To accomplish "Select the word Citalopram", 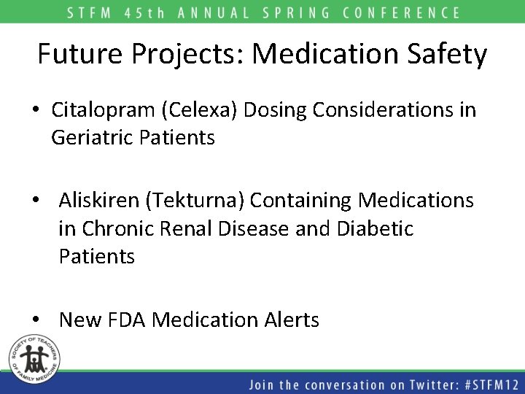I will (104, 110).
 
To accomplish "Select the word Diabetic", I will (376, 228).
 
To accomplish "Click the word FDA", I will (125, 320).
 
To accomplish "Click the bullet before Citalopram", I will (36, 111).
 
